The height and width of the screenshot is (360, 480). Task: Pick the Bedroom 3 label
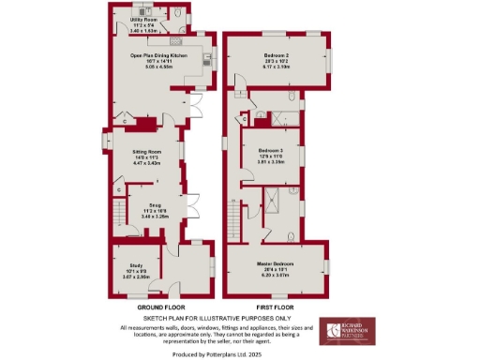tap(271, 150)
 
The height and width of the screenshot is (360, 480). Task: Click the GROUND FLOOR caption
tap(160, 307)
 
